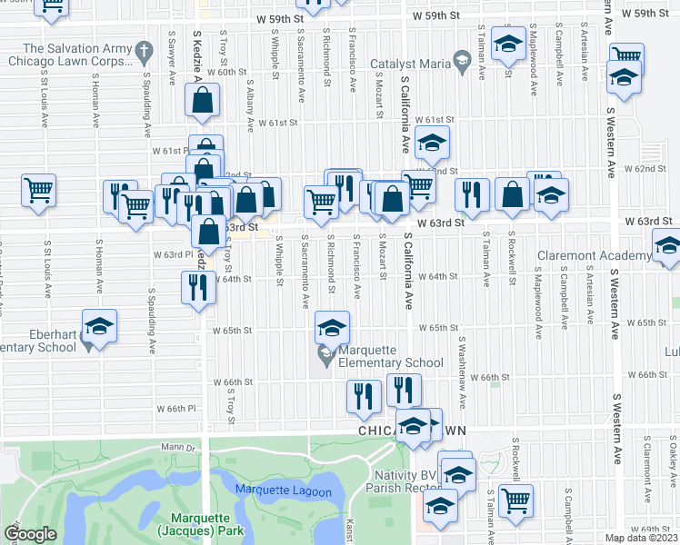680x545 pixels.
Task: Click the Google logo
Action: (x=30, y=534)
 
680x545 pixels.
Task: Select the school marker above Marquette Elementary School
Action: (x=333, y=328)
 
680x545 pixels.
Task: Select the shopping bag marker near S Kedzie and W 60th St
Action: (x=204, y=102)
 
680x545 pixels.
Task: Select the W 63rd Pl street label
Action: (x=169, y=254)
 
